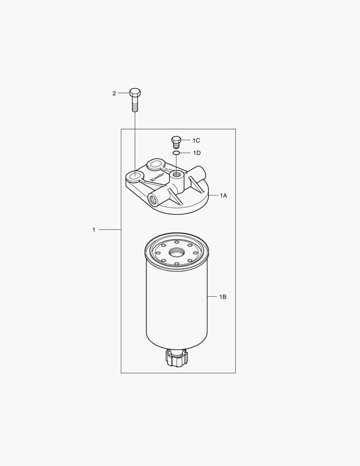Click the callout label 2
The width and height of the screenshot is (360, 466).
click(x=114, y=93)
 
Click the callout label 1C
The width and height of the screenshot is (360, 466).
click(x=196, y=141)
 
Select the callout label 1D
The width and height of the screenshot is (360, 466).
click(x=197, y=153)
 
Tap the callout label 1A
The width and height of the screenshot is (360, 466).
click(x=223, y=195)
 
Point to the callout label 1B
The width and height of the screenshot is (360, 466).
click(x=223, y=296)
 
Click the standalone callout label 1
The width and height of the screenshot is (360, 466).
click(x=94, y=230)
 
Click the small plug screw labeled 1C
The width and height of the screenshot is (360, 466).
click(x=176, y=142)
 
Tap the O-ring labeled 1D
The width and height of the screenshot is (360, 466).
click(x=176, y=153)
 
